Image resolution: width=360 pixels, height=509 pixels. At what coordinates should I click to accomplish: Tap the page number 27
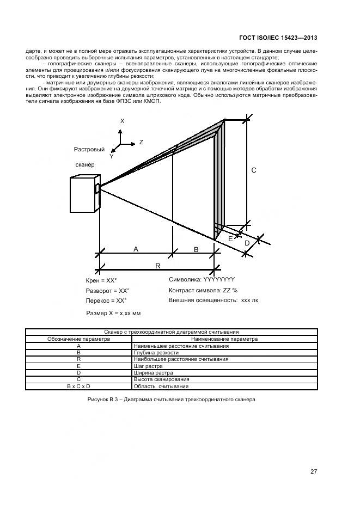pos(314,471)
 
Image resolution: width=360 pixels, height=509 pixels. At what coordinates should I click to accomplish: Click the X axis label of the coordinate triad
pos(122,121)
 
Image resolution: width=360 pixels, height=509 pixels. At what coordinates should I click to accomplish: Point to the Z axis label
pos(141,142)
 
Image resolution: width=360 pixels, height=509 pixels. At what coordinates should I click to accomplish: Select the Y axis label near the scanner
pos(111,156)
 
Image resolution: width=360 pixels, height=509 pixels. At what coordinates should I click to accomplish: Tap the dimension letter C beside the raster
pos(253,170)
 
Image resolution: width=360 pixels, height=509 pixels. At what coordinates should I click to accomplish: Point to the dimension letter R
pos(157,266)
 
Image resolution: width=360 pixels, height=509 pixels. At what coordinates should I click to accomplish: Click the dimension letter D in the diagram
pos(247,242)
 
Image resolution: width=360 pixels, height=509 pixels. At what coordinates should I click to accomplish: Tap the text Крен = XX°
pos(102,281)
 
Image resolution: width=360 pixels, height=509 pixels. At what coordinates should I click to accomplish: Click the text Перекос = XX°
pos(106,301)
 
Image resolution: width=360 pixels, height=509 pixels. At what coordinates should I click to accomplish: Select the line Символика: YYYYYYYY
pos(202,279)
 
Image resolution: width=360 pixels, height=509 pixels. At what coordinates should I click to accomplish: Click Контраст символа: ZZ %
pos(203,290)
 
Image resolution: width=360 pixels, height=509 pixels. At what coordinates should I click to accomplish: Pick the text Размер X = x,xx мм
pos(114,314)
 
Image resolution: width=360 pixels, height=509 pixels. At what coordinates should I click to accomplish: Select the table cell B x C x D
pos(79,386)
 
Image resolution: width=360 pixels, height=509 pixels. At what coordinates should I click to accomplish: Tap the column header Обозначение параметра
pos(79,339)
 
